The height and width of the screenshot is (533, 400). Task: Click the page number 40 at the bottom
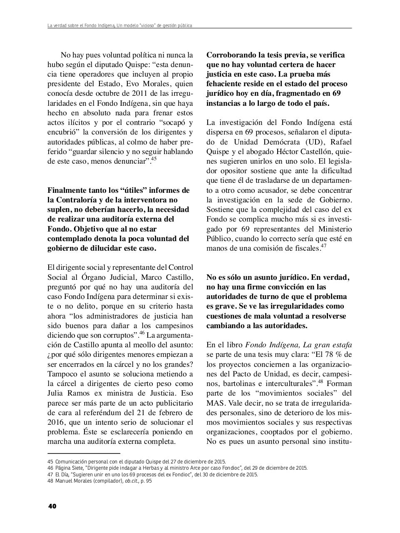[x=52, y=506]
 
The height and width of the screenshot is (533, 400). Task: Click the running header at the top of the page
[x=120, y=26]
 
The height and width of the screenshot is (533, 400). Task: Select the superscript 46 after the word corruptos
[x=142, y=333]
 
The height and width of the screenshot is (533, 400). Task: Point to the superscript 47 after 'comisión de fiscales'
[x=323, y=246]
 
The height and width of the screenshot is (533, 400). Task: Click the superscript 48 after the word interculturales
[x=320, y=381]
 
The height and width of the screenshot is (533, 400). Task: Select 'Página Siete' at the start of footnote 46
[x=68, y=468]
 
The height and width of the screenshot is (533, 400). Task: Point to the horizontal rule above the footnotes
[x=84, y=453]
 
